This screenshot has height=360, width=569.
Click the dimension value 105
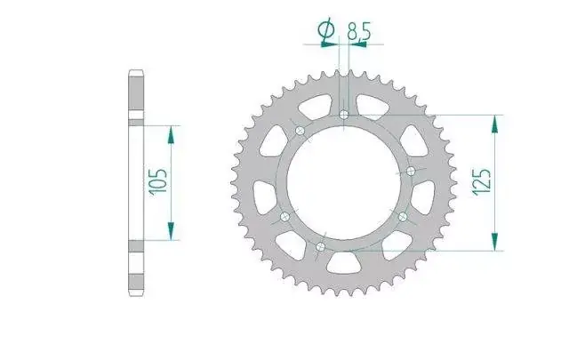pyautogui.click(x=159, y=182)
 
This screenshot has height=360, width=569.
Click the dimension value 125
pyautogui.click(x=482, y=182)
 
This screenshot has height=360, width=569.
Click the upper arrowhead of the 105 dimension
pyautogui.click(x=171, y=134)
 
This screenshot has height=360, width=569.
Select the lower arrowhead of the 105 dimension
pyautogui.click(x=171, y=231)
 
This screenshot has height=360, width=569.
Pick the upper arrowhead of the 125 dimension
pyautogui.click(x=494, y=124)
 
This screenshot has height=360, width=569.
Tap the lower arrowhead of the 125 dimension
pyautogui.click(x=494, y=242)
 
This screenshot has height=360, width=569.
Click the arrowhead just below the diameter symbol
pyautogui.click(x=330, y=44)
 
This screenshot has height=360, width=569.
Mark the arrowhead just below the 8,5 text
pyautogui.click(x=357, y=44)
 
